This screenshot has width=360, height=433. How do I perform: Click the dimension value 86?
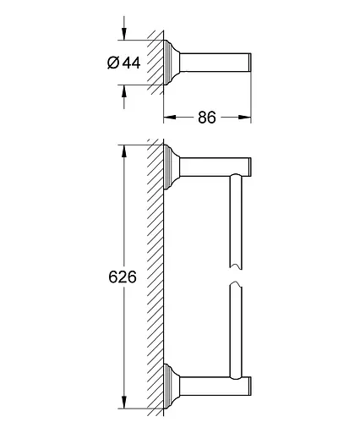pyautogui.click(x=207, y=118)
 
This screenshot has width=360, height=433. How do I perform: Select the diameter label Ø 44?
pyautogui.click(x=124, y=63)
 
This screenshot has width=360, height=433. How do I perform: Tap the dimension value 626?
pyautogui.click(x=123, y=277)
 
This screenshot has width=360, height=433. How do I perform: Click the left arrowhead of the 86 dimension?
pyautogui.click(x=170, y=117)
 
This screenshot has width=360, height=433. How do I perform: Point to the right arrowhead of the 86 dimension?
pyautogui.click(x=244, y=117)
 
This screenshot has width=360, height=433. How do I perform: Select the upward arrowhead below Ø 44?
pyautogui.click(x=124, y=90)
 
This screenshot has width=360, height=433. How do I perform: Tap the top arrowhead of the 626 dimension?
pyautogui.click(x=124, y=151)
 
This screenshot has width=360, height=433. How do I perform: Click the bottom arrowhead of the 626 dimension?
pyautogui.click(x=124, y=402)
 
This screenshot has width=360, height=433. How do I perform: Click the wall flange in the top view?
pyautogui.click(x=171, y=63)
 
